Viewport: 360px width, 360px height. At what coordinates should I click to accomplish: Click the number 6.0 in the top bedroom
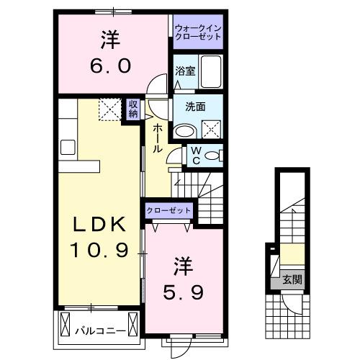point(110,66)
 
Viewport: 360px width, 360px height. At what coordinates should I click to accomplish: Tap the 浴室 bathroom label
point(184,71)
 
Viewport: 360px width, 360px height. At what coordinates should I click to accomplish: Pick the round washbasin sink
point(185,131)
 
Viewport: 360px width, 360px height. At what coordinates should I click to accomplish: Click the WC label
point(194,156)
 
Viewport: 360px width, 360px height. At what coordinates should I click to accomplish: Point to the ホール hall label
point(157,135)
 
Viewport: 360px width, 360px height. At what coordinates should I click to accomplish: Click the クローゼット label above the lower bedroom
point(169,210)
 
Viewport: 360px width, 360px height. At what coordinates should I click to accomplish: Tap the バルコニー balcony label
point(101,331)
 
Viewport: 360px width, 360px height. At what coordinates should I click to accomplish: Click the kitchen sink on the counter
point(69,147)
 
